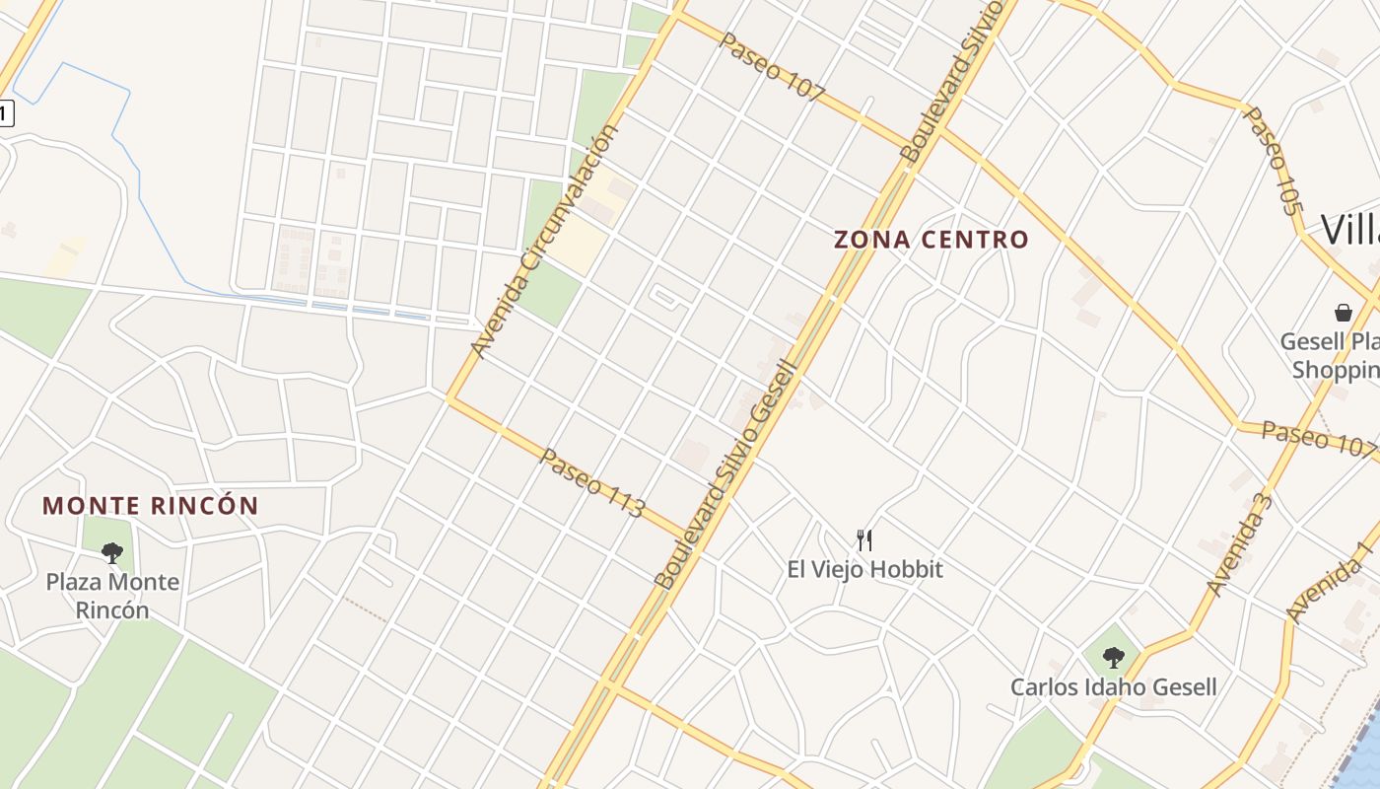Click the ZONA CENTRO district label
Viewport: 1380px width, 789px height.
pyautogui.click(x=931, y=240)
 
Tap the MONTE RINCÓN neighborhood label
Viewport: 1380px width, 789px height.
pyautogui.click(x=150, y=506)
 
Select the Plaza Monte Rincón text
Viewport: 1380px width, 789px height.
pyautogui.click(x=112, y=596)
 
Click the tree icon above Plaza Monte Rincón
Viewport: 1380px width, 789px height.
pyautogui.click(x=112, y=552)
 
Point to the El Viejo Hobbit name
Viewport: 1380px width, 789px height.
pyautogui.click(x=864, y=569)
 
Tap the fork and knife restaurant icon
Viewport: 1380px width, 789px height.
pyautogui.click(x=864, y=539)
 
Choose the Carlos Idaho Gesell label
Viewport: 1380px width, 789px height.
pyautogui.click(x=1113, y=686)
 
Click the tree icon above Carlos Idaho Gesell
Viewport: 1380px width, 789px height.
pyautogui.click(x=1113, y=656)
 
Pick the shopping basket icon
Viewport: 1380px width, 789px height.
pyautogui.click(x=1343, y=313)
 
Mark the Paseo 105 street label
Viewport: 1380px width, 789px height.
pyautogui.click(x=1273, y=160)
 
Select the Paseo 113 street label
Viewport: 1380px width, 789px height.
pyautogui.click(x=592, y=483)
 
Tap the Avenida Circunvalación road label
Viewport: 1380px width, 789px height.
pyautogui.click(x=544, y=242)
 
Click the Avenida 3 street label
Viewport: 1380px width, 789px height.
pyautogui.click(x=1239, y=545)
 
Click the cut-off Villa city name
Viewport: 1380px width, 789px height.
pyautogui.click(x=1349, y=230)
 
